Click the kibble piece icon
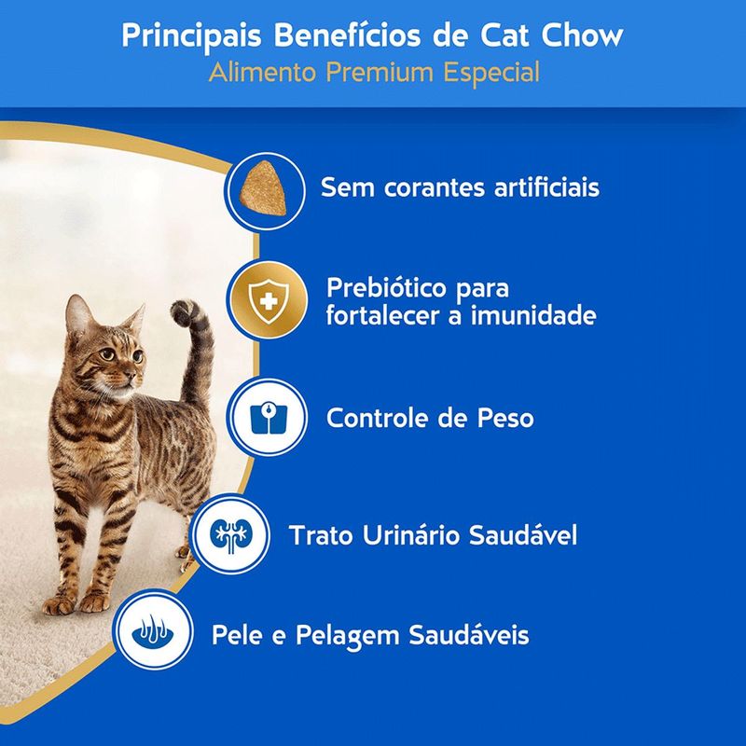point(264,186)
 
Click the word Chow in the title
point(586,37)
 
